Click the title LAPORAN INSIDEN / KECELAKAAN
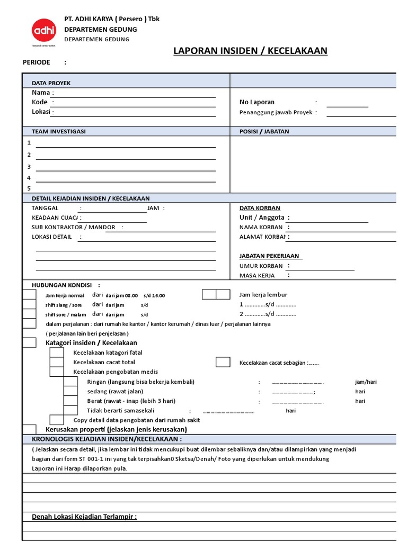tap(250, 51)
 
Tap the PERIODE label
tap(36, 62)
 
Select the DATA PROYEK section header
tap(51, 83)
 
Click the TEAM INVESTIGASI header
tap(58, 131)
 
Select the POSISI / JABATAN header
tap(264, 131)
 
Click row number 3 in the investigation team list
tap(29, 167)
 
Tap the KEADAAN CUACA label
tap(55, 218)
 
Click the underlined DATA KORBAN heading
tap(260, 208)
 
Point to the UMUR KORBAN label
tap(261, 266)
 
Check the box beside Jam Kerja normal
tap(29, 295)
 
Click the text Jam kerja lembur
tap(263, 295)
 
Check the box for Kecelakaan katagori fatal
tap(56, 353)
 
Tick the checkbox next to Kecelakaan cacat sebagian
tap(223, 362)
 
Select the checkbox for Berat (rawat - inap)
tap(70, 401)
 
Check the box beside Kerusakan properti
tap(29, 429)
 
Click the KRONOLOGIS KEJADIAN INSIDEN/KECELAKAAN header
tap(107, 439)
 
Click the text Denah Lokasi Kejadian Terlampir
tap(84, 517)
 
